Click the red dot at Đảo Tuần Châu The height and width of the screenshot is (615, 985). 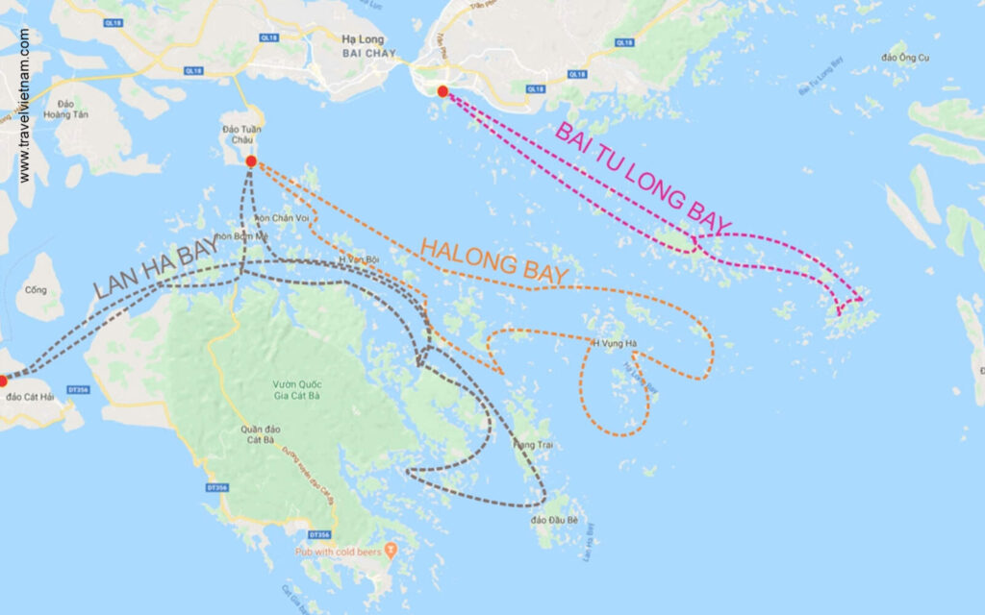pos(251,161)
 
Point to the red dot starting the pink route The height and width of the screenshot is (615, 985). pos(442,91)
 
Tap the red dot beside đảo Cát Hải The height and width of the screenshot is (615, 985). pos(3,381)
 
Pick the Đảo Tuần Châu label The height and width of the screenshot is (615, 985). pos(242,135)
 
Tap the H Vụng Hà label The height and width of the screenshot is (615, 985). pos(614,343)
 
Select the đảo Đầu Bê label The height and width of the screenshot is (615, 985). pos(554,520)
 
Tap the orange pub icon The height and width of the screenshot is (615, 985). pos(390,551)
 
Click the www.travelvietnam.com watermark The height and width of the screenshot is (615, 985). pos(24,106)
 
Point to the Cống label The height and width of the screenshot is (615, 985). pos(37,289)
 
